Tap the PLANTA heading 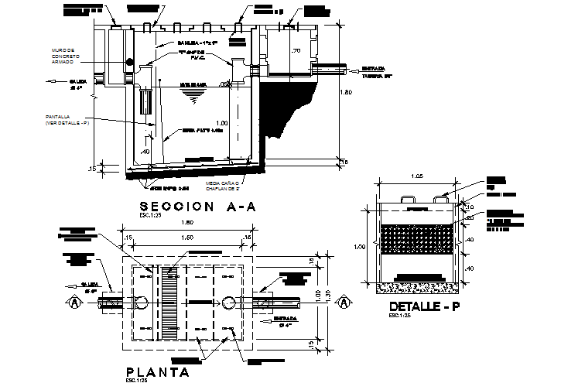pyautogui.click(x=159, y=372)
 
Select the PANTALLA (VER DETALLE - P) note pyautogui.click(x=67, y=120)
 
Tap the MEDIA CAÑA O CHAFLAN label pyautogui.click(x=224, y=185)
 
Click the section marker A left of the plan pyautogui.click(x=74, y=302)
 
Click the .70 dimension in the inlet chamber pyautogui.click(x=296, y=51)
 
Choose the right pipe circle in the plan pyautogui.click(x=228, y=302)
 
